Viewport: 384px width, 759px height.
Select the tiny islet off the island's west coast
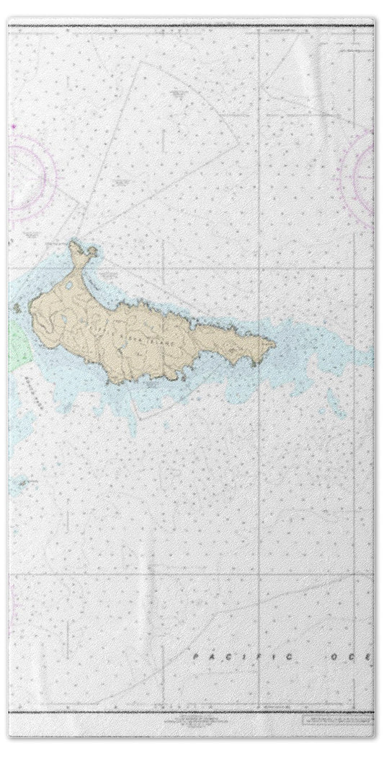point(17,309)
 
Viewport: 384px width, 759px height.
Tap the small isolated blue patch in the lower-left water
point(28,482)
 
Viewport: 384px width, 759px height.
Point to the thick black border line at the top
point(192,25)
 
